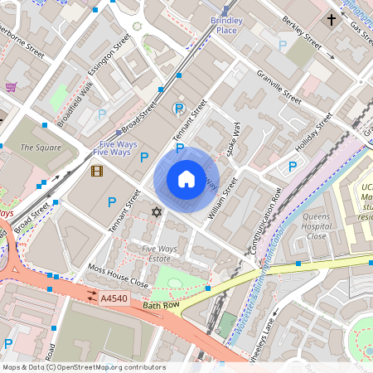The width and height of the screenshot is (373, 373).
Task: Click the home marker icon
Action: click(186, 179)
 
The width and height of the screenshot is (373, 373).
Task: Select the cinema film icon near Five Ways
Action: click(97, 172)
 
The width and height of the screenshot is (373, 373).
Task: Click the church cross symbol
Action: click(332, 18)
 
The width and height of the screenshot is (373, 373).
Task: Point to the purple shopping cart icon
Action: click(11, 87)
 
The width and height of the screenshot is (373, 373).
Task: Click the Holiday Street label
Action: click(312, 131)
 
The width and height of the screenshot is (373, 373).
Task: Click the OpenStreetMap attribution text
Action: click(84, 367)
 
